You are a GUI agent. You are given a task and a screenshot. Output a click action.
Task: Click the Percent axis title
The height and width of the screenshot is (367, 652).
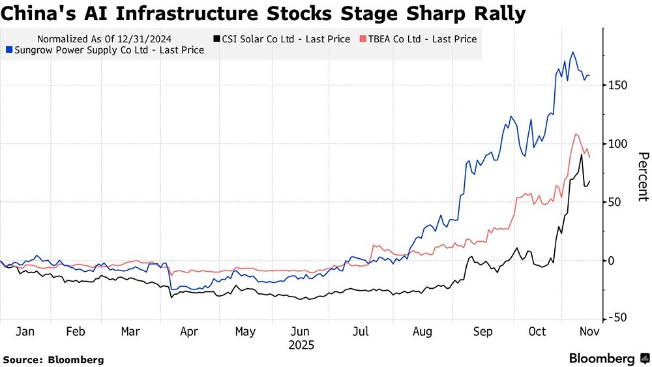coord(643,176)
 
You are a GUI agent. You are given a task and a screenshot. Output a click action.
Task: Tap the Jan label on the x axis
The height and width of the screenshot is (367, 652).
coord(25,332)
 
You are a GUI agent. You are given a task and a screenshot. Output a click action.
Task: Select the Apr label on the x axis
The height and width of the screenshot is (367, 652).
coord(189,332)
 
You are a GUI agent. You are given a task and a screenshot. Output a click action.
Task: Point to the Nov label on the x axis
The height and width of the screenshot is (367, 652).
coord(589,332)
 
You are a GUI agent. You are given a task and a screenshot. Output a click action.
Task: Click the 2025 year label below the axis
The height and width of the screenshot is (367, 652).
coord(301,345)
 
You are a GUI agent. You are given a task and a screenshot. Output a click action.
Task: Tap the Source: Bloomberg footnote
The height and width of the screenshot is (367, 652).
coord(53,359)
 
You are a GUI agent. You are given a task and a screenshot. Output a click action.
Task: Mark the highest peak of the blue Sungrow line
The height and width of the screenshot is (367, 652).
coord(572,52)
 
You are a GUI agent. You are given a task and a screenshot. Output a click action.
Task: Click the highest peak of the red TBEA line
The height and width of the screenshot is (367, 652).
coord(576,134)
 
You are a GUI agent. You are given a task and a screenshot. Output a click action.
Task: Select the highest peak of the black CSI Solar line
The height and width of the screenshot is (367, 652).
coord(581,154)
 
